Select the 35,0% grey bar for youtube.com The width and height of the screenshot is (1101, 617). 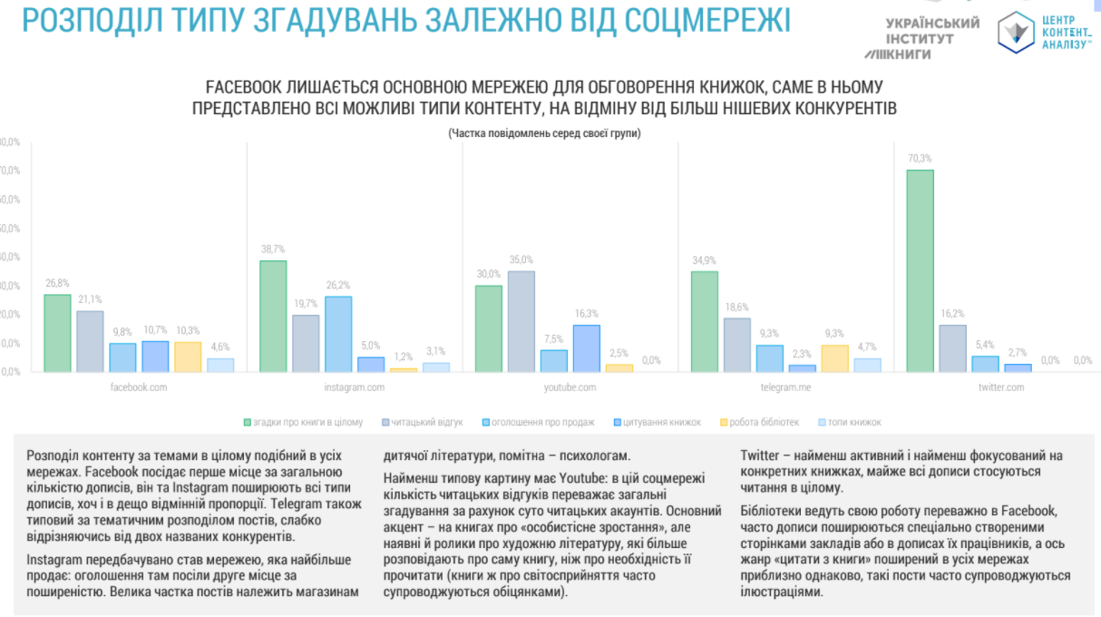point(521,321)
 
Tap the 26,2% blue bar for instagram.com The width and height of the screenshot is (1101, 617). point(337,334)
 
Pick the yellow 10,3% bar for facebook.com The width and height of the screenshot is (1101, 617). point(188,357)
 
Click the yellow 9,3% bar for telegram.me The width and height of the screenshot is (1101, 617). point(834,358)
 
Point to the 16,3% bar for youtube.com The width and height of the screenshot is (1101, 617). point(586,348)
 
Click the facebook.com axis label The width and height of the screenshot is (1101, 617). point(139,387)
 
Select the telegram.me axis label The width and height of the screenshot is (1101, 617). point(785,387)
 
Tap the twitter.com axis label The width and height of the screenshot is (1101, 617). point(1001,387)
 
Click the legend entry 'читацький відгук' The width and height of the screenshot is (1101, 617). point(427,422)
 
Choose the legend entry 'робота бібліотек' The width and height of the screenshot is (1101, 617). point(761,422)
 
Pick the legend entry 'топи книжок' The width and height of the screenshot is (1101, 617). point(853,422)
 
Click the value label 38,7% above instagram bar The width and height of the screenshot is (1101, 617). point(273,249)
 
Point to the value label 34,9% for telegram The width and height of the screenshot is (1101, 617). point(705,260)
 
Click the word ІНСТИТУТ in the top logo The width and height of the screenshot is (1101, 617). point(920,39)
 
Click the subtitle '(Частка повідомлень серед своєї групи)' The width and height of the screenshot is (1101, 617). point(543,133)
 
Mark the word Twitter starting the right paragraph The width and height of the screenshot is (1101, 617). point(759,455)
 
